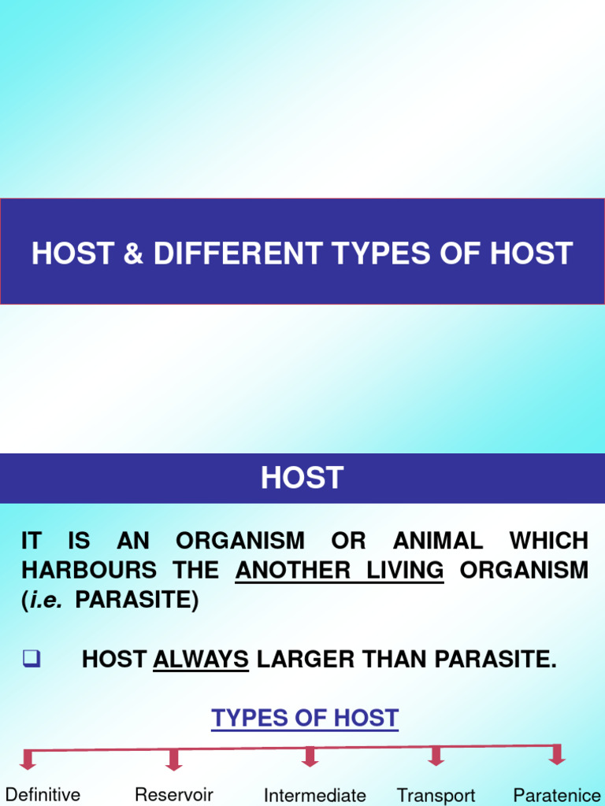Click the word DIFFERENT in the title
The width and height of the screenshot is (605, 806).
coord(238,253)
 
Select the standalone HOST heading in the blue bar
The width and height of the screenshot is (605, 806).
coord(302,478)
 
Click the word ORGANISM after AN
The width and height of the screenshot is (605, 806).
coord(239,541)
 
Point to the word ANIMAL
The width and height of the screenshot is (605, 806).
coord(438,541)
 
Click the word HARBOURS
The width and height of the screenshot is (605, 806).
coord(89,570)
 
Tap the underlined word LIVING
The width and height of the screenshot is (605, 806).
coord(405,570)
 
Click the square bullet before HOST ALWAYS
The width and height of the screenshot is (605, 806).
coord(32,660)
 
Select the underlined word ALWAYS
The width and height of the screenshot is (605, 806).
coord(201,660)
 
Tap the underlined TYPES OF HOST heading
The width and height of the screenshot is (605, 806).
coord(305,718)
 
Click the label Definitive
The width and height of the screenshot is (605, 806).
coord(43,794)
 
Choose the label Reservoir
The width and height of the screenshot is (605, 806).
coord(174,794)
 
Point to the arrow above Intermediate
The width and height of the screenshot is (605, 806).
coord(310,757)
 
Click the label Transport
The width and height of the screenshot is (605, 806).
coord(436,796)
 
